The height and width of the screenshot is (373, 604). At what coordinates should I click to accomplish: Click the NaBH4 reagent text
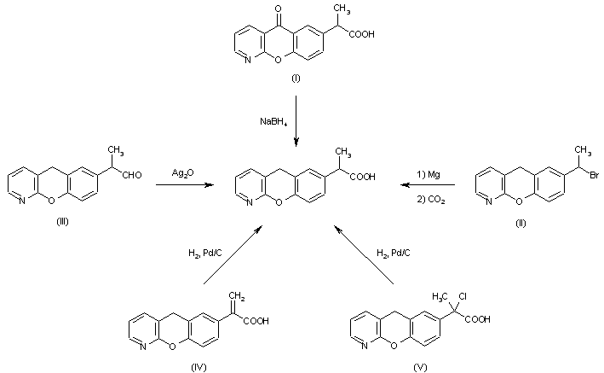(273, 122)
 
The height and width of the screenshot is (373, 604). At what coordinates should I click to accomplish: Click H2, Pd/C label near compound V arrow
(392, 253)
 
